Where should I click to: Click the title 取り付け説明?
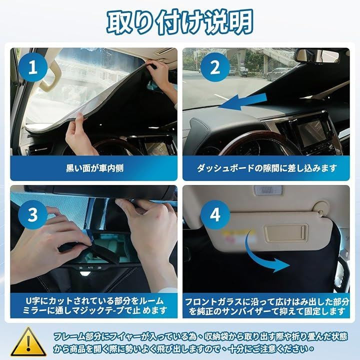pos(180,22)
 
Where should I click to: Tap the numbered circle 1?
pos(33,67)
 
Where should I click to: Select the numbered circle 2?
pos(215,67)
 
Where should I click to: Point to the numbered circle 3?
pos(33,214)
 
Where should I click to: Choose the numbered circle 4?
pos(215,214)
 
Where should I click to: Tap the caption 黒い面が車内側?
pos(94,168)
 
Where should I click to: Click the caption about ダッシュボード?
pos(266,168)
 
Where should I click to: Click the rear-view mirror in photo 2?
pos(317,55)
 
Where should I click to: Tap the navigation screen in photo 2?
pos(311,132)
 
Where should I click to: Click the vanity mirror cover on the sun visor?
pos(285,233)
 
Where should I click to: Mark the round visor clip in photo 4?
pos(321,207)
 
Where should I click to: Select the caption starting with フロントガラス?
pos(267,306)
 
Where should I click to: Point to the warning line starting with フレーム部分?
pos(200,336)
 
